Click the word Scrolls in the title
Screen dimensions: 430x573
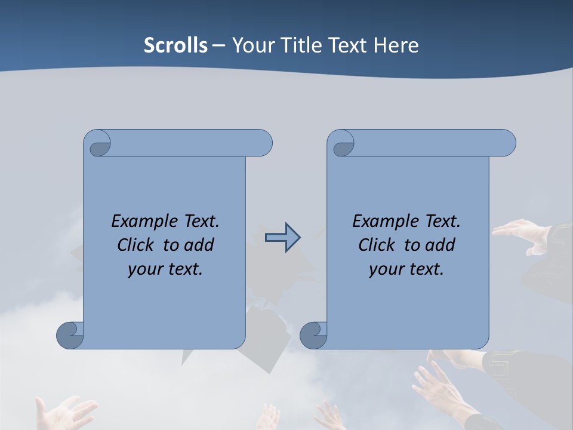click(175, 45)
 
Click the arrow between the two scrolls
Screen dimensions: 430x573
click(282, 238)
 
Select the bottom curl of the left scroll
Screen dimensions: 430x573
click(71, 334)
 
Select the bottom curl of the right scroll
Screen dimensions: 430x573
click(314, 334)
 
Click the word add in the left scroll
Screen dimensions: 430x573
click(199, 245)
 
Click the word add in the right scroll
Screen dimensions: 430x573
click(440, 245)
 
